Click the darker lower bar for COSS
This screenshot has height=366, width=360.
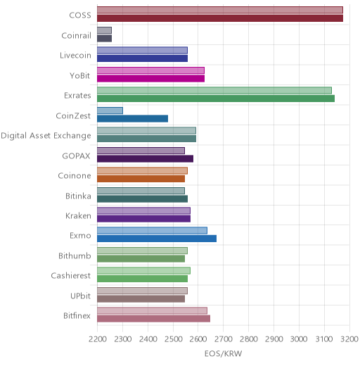[x=220, y=18]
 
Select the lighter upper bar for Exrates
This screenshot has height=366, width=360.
[x=214, y=90]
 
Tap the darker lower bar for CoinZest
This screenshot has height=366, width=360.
[x=133, y=119]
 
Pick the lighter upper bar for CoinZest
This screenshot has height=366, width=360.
[x=110, y=111]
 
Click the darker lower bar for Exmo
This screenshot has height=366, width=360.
[x=157, y=239]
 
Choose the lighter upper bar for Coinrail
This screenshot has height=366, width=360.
[x=104, y=30]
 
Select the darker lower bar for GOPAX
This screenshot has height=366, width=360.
[x=146, y=159]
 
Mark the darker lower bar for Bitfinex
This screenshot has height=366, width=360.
[x=154, y=319]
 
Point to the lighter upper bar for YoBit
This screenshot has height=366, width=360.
[x=151, y=70]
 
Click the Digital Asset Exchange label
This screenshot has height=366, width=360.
[x=46, y=136]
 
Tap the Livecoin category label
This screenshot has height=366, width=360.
[x=75, y=56]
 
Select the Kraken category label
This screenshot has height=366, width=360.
[x=78, y=216]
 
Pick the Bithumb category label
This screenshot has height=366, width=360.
[x=75, y=255]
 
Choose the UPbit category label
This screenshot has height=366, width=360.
[x=80, y=296]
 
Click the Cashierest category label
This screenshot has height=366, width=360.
[x=70, y=275]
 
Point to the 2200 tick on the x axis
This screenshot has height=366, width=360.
[x=98, y=339]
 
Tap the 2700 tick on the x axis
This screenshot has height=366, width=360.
[x=224, y=339]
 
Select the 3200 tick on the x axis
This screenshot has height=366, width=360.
[x=349, y=339]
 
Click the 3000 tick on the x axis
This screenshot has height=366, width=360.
[x=299, y=339]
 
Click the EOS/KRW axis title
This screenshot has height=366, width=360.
[x=223, y=353]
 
